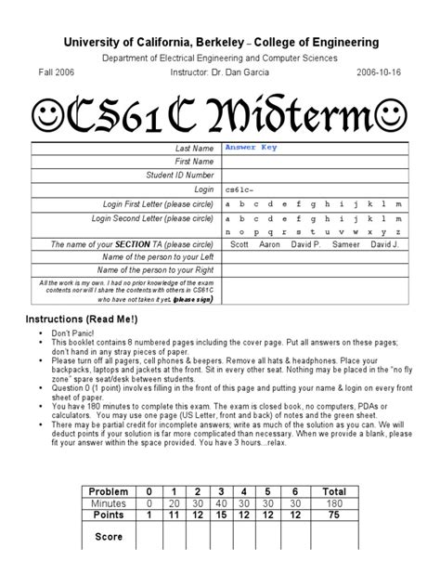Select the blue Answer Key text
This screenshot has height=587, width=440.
tap(251, 148)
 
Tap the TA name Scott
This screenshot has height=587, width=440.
tap(240, 244)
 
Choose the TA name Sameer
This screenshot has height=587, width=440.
tap(344, 244)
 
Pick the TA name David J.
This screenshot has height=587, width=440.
tap(384, 244)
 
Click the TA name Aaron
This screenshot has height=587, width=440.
tap(270, 244)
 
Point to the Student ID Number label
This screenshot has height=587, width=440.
tap(181, 175)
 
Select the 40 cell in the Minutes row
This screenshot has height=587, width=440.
tap(221, 502)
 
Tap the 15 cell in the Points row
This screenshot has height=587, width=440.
tap(221, 515)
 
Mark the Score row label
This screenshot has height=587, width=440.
tap(109, 537)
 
